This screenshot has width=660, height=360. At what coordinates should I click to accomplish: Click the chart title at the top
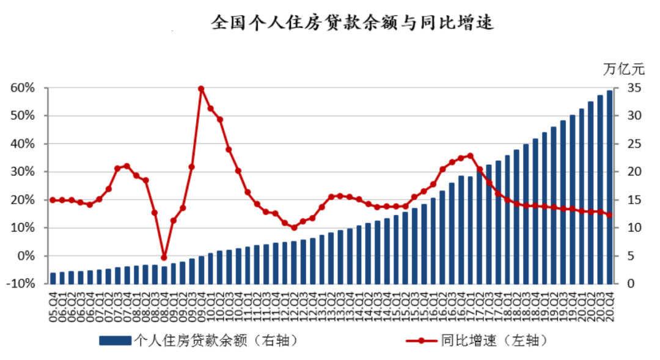(352, 23)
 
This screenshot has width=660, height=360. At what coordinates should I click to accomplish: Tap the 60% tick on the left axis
(22, 88)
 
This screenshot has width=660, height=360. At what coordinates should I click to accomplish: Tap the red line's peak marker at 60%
(201, 89)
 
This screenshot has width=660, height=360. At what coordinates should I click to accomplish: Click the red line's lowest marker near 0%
(164, 257)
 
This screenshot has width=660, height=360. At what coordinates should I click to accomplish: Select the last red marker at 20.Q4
(609, 215)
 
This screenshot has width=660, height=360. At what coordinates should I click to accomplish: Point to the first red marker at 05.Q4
(53, 200)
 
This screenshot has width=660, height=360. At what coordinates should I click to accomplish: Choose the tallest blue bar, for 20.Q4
(609, 187)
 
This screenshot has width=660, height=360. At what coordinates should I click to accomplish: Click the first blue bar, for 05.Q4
(53, 278)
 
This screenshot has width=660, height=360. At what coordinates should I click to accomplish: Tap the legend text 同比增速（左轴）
(493, 340)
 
